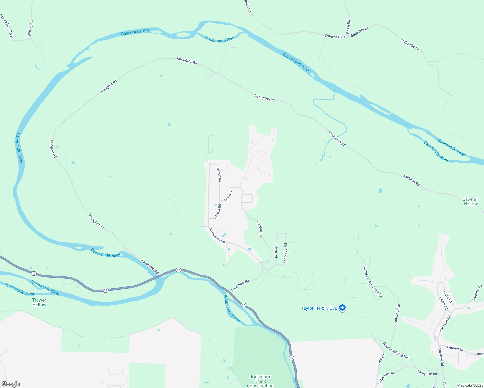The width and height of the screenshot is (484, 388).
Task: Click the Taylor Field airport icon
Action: click(x=342, y=308)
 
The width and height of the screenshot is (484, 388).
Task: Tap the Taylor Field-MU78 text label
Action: click(x=319, y=308)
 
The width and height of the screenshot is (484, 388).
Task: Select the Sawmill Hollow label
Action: click(x=470, y=201)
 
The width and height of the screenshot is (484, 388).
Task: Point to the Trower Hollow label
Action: click(x=39, y=302)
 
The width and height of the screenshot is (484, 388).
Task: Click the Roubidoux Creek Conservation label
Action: click(x=260, y=381)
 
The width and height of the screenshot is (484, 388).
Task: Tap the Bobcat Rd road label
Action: click(x=30, y=28)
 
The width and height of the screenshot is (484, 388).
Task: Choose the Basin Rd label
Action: click(x=348, y=27)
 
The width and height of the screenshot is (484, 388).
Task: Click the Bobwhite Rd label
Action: click(x=335, y=37)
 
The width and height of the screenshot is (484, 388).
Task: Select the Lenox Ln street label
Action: click(x=228, y=195)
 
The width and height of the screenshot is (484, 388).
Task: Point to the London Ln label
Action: click(x=259, y=229)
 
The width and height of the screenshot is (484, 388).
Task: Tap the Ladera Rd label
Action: click(x=276, y=250)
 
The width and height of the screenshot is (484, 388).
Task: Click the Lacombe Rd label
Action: click(x=285, y=253)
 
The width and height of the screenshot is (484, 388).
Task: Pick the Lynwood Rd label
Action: click(x=368, y=276)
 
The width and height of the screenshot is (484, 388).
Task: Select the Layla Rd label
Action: click(x=377, y=292)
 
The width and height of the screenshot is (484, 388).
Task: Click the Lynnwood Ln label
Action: click(x=397, y=314)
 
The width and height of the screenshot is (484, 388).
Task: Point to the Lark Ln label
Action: click(x=381, y=360)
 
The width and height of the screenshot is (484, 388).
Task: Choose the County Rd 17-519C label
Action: click(x=396, y=351)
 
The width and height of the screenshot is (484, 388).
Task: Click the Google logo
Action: click(x=11, y=384)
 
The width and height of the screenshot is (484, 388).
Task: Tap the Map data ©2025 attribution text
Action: click(x=470, y=385)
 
